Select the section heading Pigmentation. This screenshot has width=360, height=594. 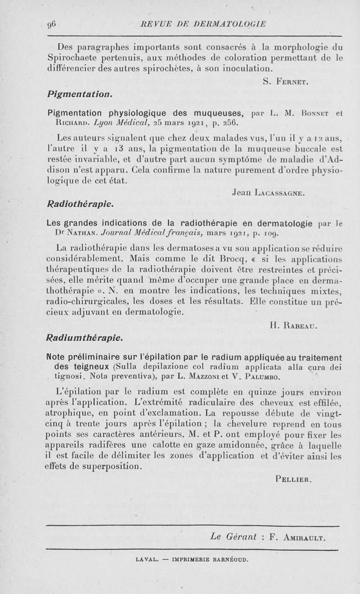(x=80, y=95)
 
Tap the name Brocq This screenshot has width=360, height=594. (x=230, y=259)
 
